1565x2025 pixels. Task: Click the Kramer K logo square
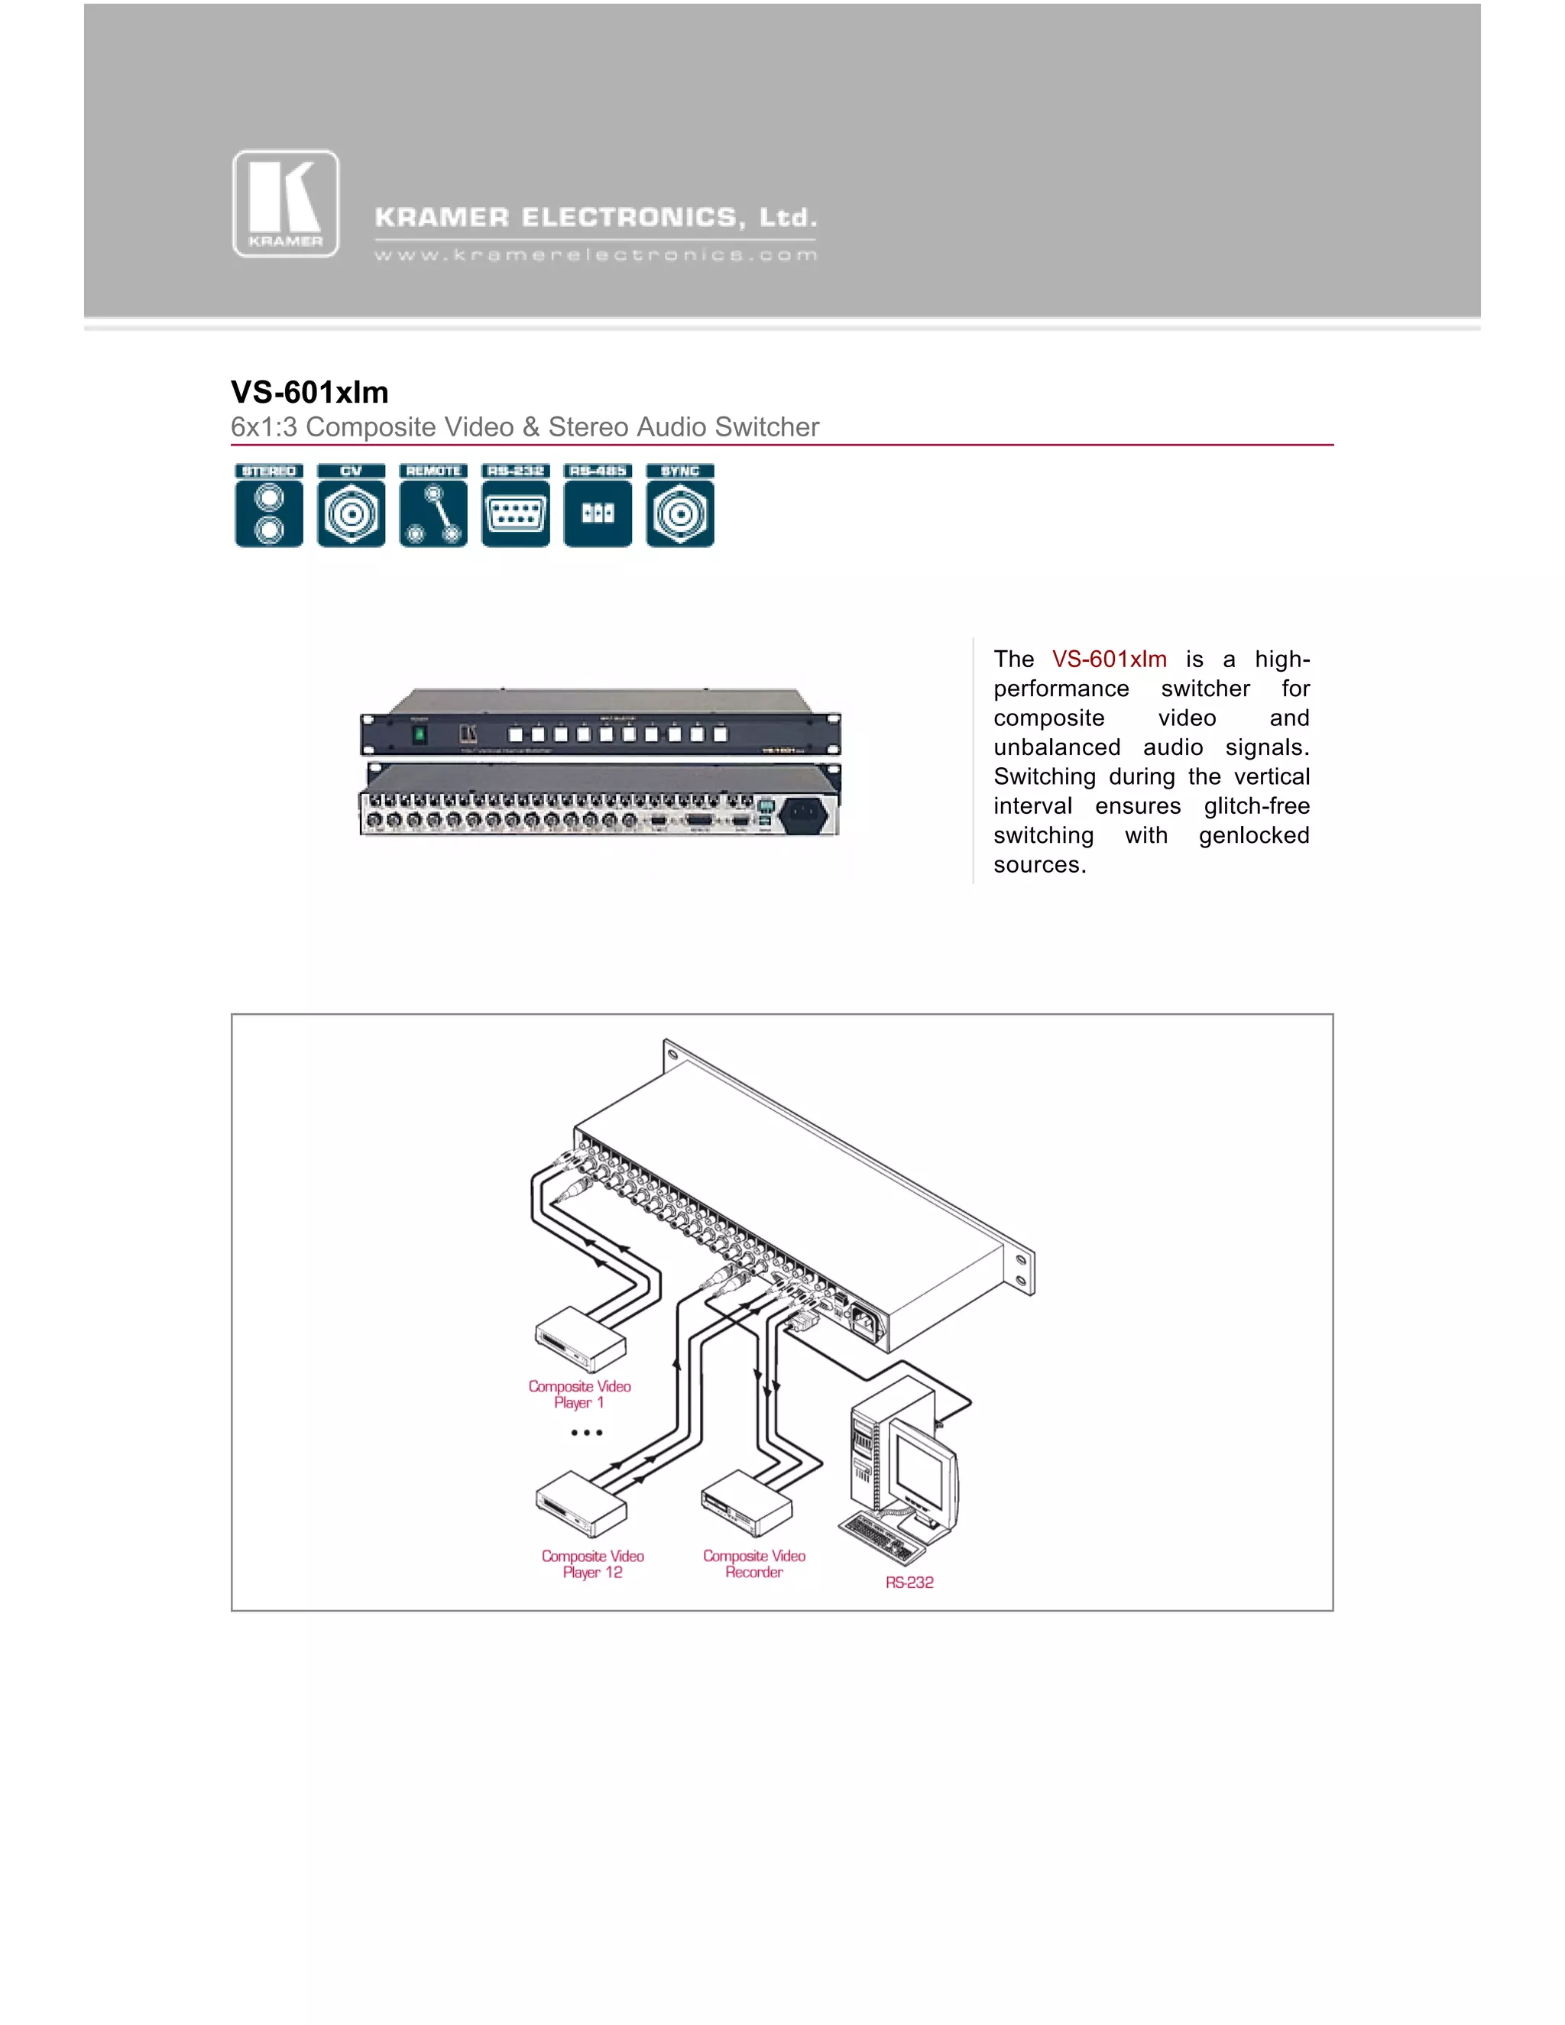coord(286,204)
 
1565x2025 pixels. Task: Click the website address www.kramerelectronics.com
coord(595,255)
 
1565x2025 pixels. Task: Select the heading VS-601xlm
coord(309,392)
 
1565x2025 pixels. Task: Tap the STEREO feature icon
coord(269,505)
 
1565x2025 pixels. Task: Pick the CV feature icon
coord(352,505)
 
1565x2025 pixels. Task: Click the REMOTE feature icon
coord(433,505)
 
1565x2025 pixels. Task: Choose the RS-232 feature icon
coord(516,505)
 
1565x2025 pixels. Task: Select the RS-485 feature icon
coord(598,505)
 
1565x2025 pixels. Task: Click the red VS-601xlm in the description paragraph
coord(1109,659)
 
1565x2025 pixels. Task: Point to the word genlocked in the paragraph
coord(1253,835)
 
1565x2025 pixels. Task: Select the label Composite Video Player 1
coord(579,1395)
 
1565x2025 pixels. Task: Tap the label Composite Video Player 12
coord(592,1564)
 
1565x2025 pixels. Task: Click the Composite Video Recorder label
coord(753,1564)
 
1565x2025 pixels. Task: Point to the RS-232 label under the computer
coord(909,1583)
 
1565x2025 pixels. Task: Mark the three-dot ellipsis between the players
coord(587,1433)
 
